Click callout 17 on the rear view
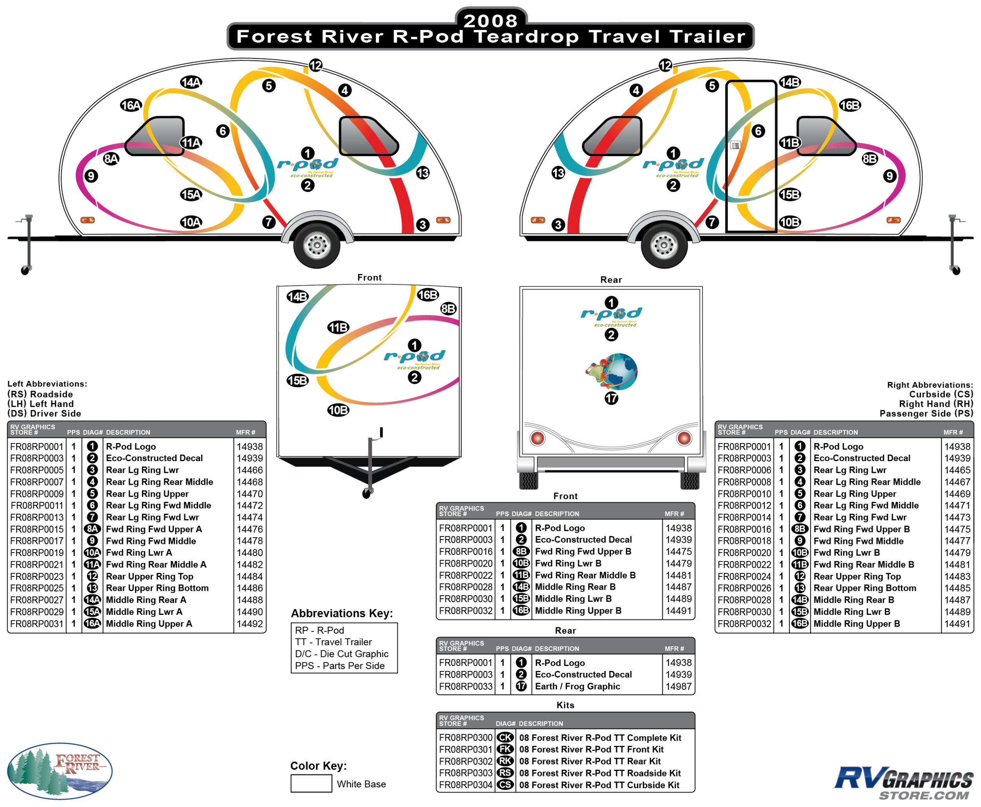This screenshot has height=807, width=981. (x=611, y=398)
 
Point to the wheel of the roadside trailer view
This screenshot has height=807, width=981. (x=317, y=245)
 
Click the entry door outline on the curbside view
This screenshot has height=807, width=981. (x=751, y=156)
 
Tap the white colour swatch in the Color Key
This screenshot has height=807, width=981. (x=311, y=783)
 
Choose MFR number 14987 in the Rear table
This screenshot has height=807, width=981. (x=678, y=686)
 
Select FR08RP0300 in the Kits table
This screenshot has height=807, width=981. (x=466, y=738)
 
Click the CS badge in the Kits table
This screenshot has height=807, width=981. (x=505, y=785)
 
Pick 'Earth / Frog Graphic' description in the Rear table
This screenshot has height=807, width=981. (x=577, y=686)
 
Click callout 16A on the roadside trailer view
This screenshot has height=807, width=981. (x=131, y=105)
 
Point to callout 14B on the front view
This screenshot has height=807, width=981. (x=298, y=296)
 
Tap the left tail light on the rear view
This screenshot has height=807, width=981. (x=537, y=438)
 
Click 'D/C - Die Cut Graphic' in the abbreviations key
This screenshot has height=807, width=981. (x=341, y=654)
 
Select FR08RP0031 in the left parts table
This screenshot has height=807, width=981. (x=37, y=624)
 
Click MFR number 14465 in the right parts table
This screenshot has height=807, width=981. (x=957, y=470)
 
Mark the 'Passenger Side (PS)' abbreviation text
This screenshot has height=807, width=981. (x=926, y=413)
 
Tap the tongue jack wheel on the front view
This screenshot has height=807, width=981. (x=367, y=494)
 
